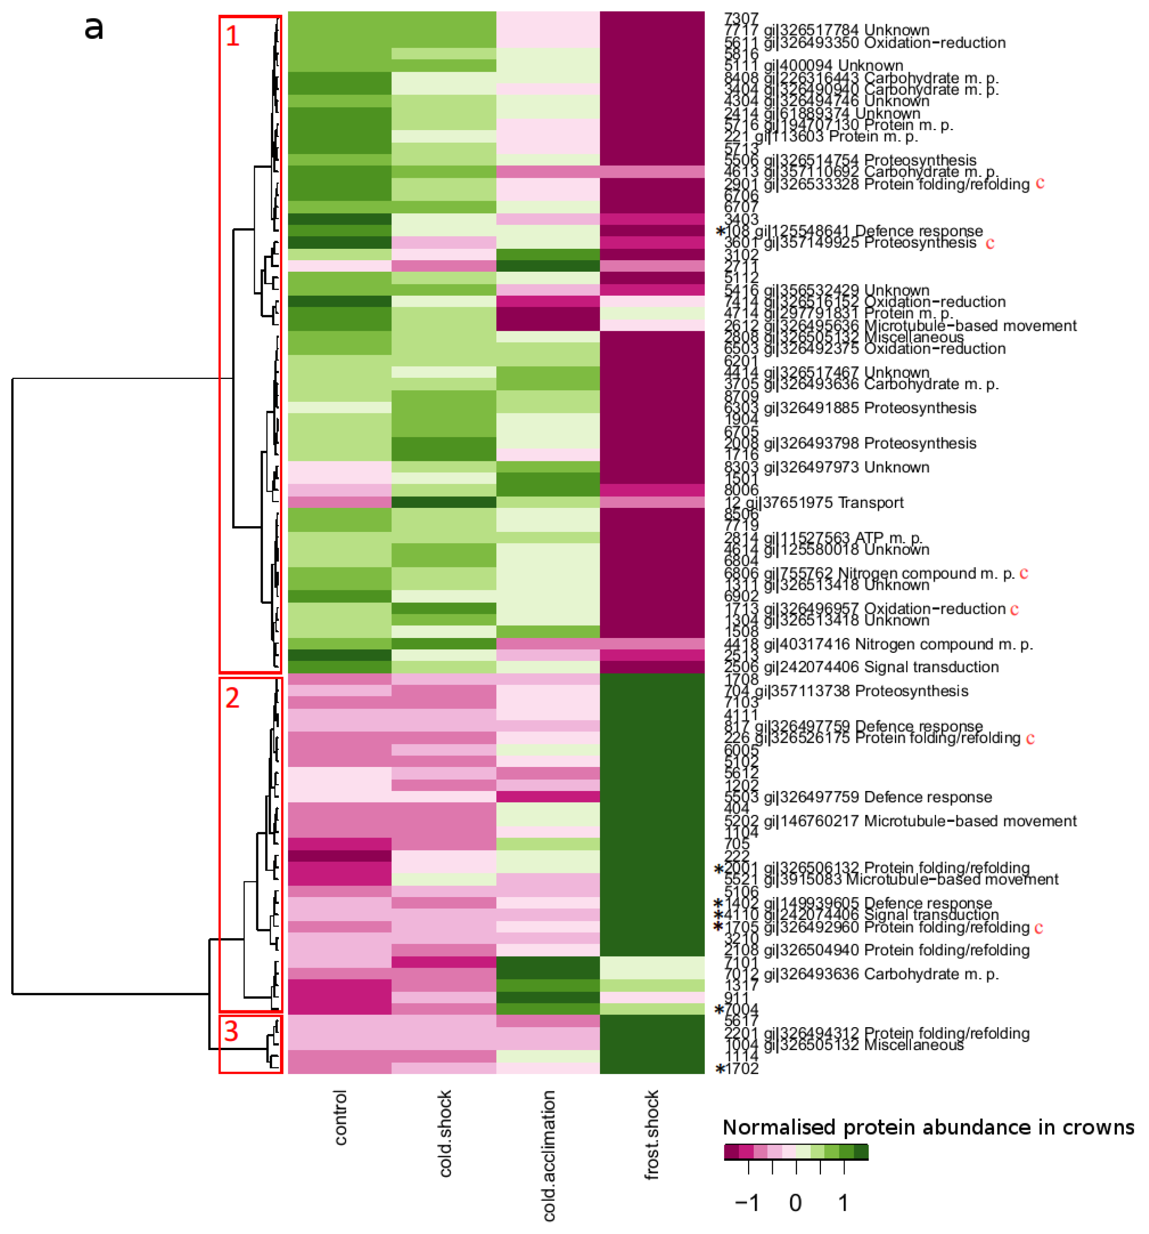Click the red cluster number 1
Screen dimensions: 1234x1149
pos(232,36)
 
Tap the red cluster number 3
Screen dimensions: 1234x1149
pos(231,1031)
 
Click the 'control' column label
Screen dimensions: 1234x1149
pos(340,1117)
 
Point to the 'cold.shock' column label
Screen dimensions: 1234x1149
pos(444,1133)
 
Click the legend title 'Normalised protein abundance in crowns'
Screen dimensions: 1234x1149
pos(928,1127)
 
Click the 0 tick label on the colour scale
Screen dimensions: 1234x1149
pos(795,1203)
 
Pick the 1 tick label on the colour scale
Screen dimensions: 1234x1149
pos(843,1203)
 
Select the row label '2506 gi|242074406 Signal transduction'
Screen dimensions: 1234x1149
pos(861,667)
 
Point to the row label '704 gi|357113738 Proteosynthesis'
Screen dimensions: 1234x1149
pos(846,691)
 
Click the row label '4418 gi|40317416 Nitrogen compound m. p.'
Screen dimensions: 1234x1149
pos(878,644)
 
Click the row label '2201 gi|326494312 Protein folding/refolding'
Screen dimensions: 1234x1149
pos(877,1033)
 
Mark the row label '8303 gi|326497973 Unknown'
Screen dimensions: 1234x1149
pos(826,467)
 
